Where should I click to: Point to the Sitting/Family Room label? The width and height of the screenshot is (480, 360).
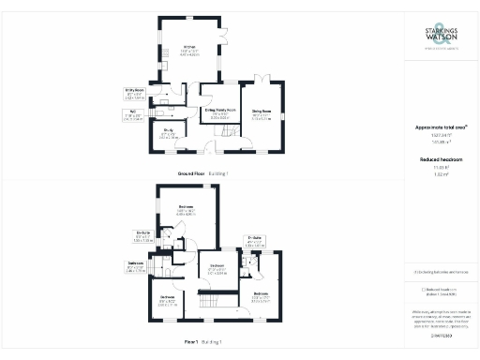(221, 111)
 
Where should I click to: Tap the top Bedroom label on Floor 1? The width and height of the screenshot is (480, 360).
(186, 207)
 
